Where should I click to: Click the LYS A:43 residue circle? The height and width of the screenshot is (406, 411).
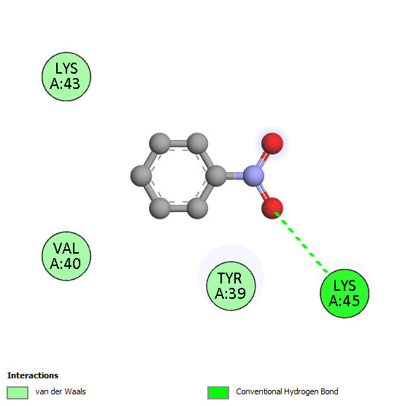pos(66,77)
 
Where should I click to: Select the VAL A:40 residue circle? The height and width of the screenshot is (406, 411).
pos(66,256)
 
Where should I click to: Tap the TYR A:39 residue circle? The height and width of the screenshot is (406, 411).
pos(231,286)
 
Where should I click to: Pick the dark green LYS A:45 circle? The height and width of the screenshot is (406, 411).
pos(345,294)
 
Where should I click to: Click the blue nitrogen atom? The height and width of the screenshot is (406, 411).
pos(253,176)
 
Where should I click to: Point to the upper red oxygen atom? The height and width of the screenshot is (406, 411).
pos(272,143)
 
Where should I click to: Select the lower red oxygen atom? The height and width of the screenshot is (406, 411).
pos(272,208)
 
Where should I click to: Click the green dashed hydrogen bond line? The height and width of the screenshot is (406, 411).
pos(301,243)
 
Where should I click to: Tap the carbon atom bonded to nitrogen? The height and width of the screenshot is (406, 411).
pos(216,176)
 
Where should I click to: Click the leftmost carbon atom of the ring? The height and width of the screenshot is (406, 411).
pos(142,176)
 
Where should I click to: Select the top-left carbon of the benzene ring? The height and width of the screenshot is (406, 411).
pos(160,143)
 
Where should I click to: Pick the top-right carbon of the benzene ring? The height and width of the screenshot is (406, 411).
pos(197,143)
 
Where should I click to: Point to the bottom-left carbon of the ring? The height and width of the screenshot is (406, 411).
pos(160,208)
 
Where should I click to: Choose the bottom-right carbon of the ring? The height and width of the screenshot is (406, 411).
pos(197,208)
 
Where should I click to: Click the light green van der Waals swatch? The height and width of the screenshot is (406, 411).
pos(18,393)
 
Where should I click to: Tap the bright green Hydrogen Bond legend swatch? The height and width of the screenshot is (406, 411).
pos(218,393)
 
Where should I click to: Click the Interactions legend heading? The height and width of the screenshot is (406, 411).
pos(33,375)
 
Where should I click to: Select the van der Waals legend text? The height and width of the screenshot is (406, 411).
pos(61,391)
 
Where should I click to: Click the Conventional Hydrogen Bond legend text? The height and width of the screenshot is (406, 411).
pos(287,391)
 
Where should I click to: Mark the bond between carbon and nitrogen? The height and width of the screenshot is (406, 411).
pos(235,176)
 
